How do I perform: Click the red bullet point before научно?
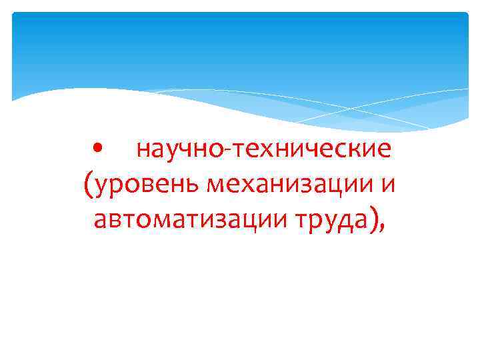pos(98,149)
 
